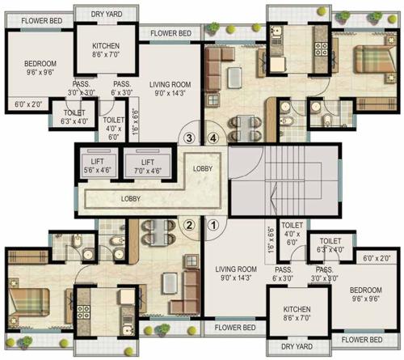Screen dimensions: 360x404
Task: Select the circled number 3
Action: coord(189,138)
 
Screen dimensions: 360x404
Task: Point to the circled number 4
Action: coord(214,138)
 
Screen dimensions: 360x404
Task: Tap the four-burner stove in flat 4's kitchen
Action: coord(318,48)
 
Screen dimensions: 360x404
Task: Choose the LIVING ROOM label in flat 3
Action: coord(168,87)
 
